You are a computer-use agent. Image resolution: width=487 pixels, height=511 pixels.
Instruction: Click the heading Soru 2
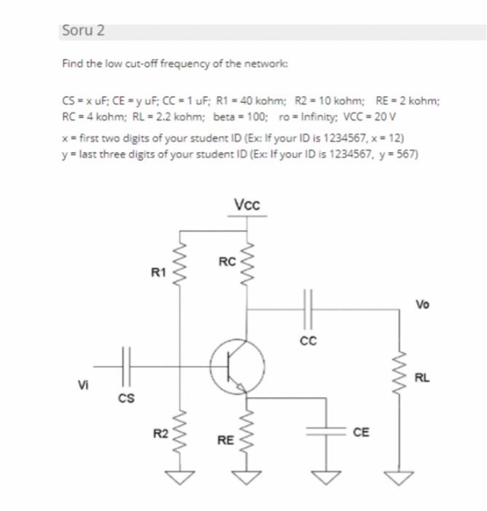84,31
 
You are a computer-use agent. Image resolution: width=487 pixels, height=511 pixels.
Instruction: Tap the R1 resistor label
158,273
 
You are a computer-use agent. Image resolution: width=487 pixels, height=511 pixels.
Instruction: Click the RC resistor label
227,261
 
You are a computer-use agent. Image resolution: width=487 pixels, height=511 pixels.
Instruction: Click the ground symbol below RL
399,478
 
